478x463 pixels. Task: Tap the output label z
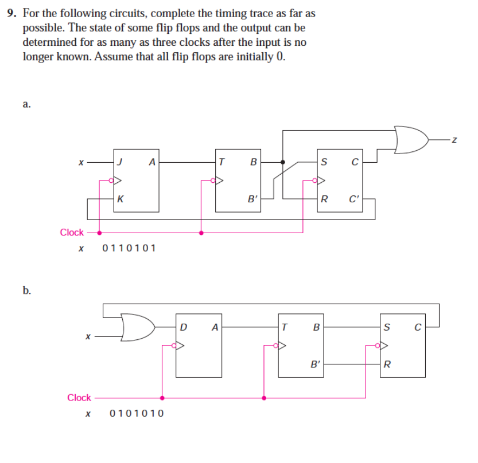pos(453,139)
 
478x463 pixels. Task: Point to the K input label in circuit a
pos(119,199)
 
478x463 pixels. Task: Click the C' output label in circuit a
pos(354,200)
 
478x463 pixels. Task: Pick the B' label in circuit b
pos(315,364)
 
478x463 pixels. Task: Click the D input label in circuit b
pos(183,328)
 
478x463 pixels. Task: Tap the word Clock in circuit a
pos(72,232)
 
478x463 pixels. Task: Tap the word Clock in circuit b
pos(79,397)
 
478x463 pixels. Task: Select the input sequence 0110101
pos(129,249)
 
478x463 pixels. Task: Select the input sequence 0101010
pos(136,413)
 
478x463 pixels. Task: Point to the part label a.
pos(26,104)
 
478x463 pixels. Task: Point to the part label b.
pos(27,291)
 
